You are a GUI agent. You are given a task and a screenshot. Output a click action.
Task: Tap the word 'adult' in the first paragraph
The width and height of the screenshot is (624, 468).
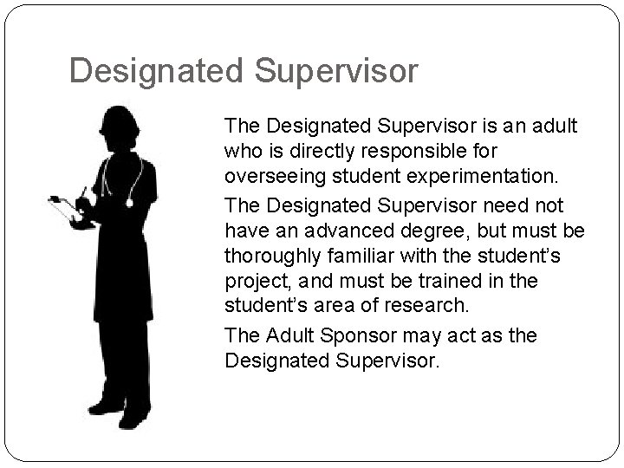(555, 127)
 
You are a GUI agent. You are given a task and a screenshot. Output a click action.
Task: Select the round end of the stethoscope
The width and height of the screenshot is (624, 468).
(130, 203)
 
